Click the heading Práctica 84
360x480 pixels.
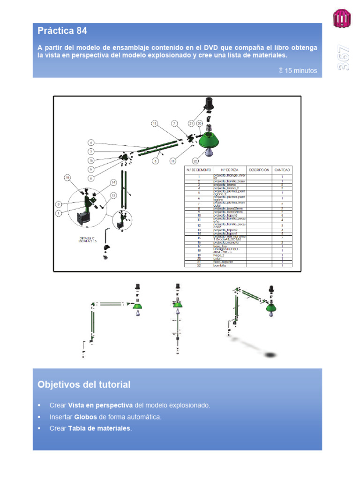tap(62, 31)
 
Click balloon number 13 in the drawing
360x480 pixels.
tap(155, 124)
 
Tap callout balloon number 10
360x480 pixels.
tap(67, 178)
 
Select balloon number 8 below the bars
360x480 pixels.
tap(155, 161)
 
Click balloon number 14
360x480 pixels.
tap(113, 182)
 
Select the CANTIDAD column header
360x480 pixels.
tap(282, 169)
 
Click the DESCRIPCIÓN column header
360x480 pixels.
tap(259, 169)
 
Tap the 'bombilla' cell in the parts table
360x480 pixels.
tap(220, 265)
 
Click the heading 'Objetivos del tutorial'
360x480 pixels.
tap(84, 385)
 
